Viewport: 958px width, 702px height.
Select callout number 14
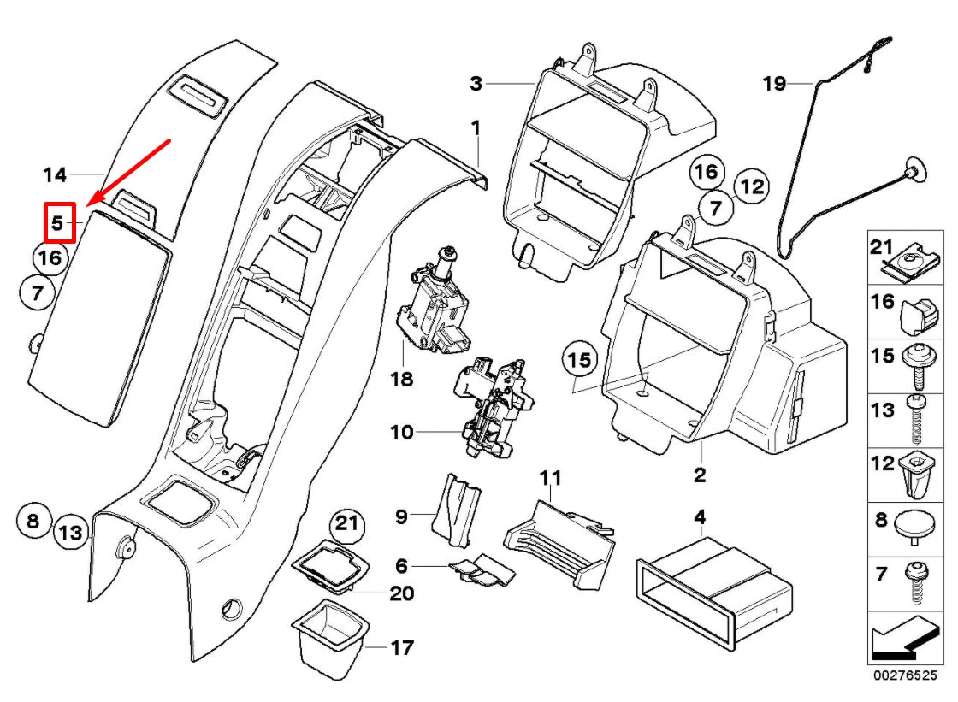tap(55, 175)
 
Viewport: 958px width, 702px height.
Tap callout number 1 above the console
tap(476, 128)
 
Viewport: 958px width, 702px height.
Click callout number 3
tap(476, 84)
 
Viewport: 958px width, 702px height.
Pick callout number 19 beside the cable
tap(774, 84)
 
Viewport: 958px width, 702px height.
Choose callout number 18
tap(403, 377)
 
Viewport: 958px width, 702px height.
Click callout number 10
tap(402, 433)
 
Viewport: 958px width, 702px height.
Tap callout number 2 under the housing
tap(700, 474)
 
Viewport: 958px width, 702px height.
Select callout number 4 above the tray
tap(700, 516)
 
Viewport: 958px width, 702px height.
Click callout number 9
tap(401, 516)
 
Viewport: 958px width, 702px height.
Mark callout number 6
tap(401, 565)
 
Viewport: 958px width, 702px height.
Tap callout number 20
tap(402, 593)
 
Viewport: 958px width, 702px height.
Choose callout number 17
tap(402, 648)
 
